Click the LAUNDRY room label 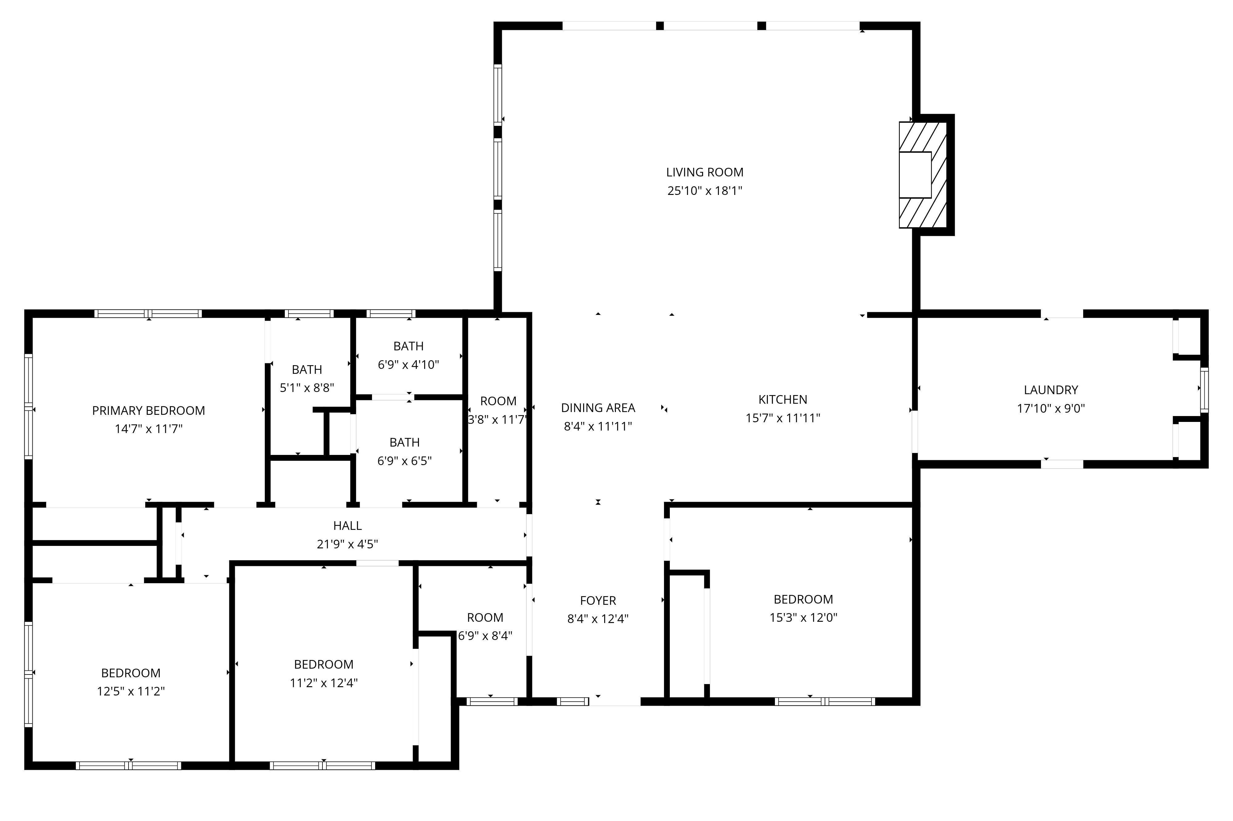(x=1051, y=390)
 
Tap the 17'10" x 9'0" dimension (x=1051, y=408)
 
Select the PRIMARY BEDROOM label (x=149, y=410)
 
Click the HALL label (x=347, y=526)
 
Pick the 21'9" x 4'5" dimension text (x=347, y=544)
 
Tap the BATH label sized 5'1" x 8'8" (x=307, y=370)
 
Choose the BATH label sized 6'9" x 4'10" (x=408, y=346)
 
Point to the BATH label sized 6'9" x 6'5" (x=404, y=443)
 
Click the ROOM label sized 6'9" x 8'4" (x=485, y=617)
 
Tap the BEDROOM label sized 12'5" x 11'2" (x=131, y=673)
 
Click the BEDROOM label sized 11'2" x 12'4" (x=323, y=664)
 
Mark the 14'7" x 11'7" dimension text (x=149, y=429)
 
